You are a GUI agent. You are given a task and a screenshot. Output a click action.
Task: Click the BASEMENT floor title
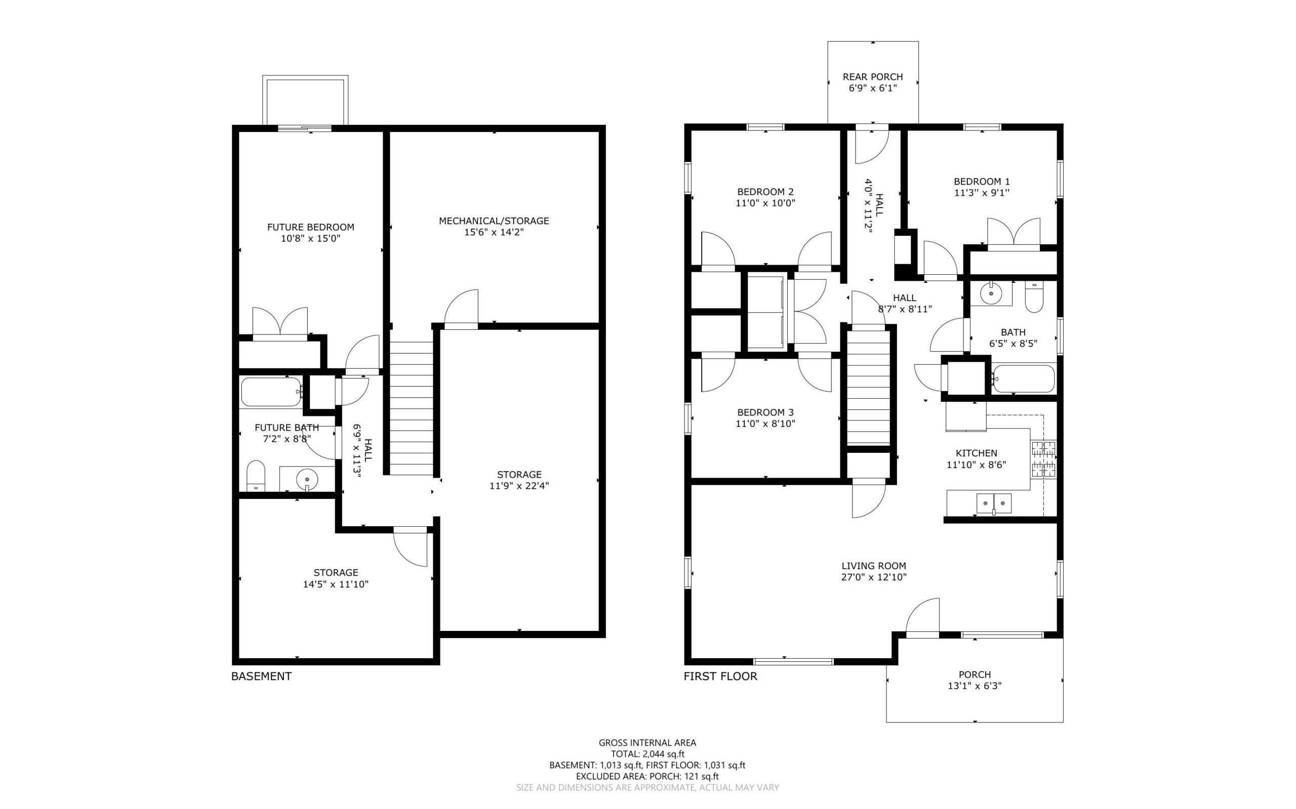click(261, 676)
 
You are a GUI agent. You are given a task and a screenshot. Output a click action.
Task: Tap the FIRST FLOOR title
click(720, 676)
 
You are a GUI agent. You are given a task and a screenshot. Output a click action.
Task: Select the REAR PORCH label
click(873, 77)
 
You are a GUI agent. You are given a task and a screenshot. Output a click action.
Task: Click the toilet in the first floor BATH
click(1034, 298)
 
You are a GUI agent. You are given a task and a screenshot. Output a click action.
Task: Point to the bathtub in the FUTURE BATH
click(271, 392)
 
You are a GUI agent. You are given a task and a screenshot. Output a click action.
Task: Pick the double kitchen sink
click(994, 503)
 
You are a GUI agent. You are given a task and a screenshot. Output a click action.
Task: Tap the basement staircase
click(411, 408)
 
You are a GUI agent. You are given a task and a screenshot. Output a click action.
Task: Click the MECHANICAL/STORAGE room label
click(494, 221)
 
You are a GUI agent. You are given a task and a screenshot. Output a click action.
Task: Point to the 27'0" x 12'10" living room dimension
click(874, 577)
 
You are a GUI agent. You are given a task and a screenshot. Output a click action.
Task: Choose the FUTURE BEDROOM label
click(310, 227)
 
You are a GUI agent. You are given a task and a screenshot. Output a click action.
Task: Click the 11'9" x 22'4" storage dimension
click(519, 486)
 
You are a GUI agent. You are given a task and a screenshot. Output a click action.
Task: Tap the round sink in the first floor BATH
click(991, 294)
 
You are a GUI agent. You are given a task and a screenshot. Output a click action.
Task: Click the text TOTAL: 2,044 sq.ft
click(647, 754)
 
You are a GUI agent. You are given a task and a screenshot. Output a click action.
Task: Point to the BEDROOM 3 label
click(765, 412)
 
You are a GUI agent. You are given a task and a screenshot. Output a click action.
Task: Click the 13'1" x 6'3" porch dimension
click(974, 686)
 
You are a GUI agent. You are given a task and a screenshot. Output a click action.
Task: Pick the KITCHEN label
click(977, 453)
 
